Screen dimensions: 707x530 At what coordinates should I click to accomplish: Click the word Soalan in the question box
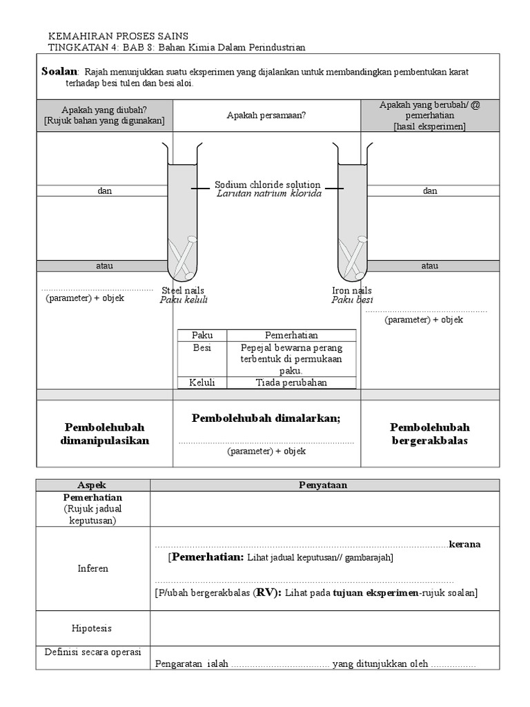click(x=60, y=71)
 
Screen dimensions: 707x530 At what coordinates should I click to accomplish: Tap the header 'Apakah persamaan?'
click(x=266, y=115)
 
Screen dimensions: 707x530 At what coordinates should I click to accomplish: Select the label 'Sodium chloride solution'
click(x=267, y=184)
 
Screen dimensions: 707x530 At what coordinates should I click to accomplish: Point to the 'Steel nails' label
click(x=183, y=291)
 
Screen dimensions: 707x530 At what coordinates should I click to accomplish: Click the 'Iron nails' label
click(x=351, y=291)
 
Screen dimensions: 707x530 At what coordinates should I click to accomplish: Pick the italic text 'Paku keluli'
click(x=184, y=300)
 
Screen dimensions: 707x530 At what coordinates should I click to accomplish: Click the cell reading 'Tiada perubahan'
click(x=291, y=382)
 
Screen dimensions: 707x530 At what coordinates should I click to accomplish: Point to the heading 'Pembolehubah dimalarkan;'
click(x=266, y=418)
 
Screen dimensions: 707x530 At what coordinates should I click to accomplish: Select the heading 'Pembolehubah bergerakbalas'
click(x=429, y=434)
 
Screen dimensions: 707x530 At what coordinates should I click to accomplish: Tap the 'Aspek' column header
click(x=94, y=485)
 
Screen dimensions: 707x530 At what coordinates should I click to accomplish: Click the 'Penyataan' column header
click(x=324, y=485)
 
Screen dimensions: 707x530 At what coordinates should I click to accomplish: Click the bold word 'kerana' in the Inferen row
click(x=465, y=544)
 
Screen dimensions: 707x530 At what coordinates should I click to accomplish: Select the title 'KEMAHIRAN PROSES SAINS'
click(x=117, y=36)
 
